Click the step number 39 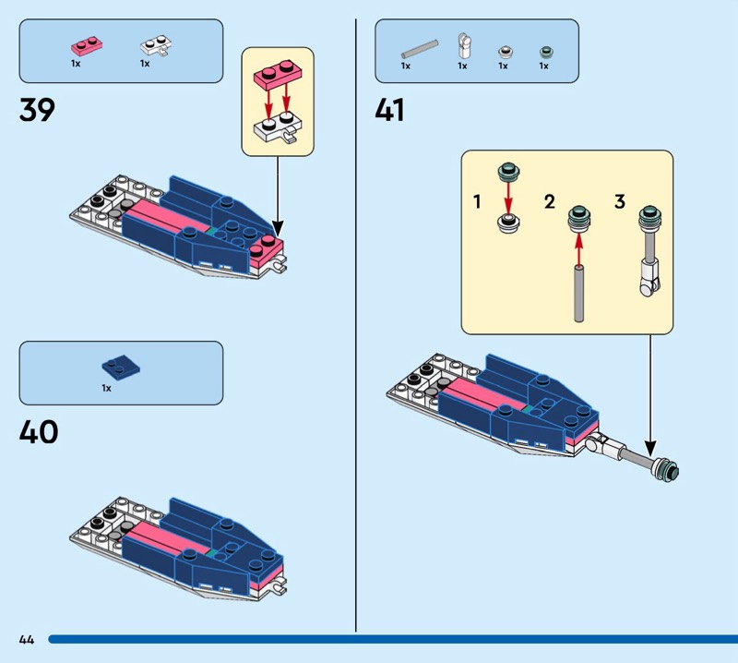37,110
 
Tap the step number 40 38,431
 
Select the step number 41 389,110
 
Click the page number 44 26,639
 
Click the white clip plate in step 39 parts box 153,45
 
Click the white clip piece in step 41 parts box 463,45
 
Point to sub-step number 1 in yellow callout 477,201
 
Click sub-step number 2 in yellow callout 550,201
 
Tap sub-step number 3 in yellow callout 619,201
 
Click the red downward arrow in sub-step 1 506,196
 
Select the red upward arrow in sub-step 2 579,246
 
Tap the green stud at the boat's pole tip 672,471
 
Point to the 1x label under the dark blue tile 106,389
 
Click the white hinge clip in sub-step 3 649,276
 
